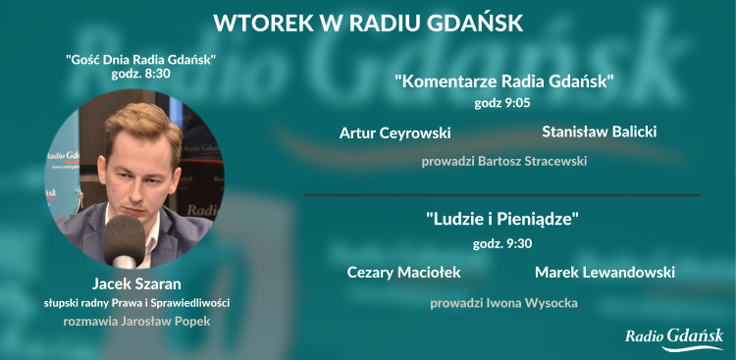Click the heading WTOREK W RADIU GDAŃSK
click(x=368, y=22)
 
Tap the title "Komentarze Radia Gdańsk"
click(x=503, y=81)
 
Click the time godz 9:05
click(x=502, y=101)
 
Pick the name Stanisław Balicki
click(x=599, y=131)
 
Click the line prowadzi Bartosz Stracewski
click(x=503, y=160)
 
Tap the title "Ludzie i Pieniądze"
click(x=503, y=219)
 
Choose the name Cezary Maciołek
click(x=403, y=272)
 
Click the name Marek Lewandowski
click(x=605, y=272)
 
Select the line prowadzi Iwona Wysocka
click(x=503, y=303)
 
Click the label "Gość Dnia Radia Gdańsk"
click(x=140, y=60)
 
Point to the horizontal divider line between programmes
click(x=502, y=195)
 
